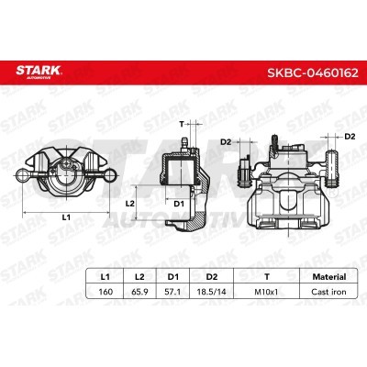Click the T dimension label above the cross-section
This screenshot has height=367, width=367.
(x=183, y=123)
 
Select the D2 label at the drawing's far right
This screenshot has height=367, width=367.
(x=350, y=137)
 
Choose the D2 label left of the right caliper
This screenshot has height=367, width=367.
(x=226, y=142)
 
